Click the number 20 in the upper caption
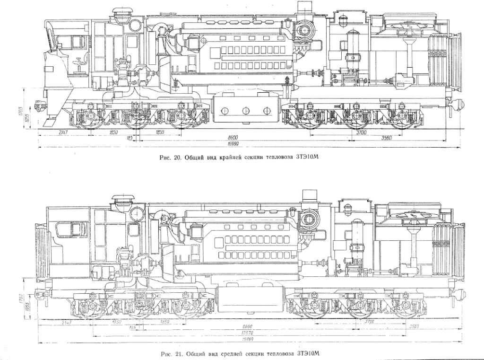pos(177,158)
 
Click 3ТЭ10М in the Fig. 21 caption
pos(307,354)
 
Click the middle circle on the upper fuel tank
pos(245,110)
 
